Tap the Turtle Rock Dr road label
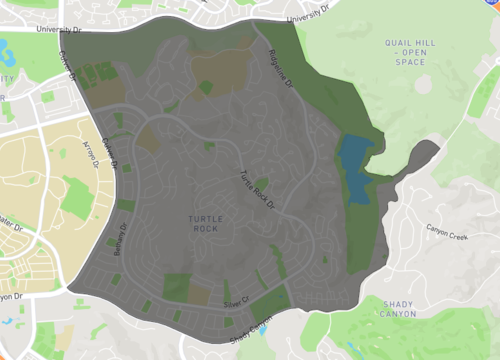(256, 189)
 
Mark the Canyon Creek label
(447, 237)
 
